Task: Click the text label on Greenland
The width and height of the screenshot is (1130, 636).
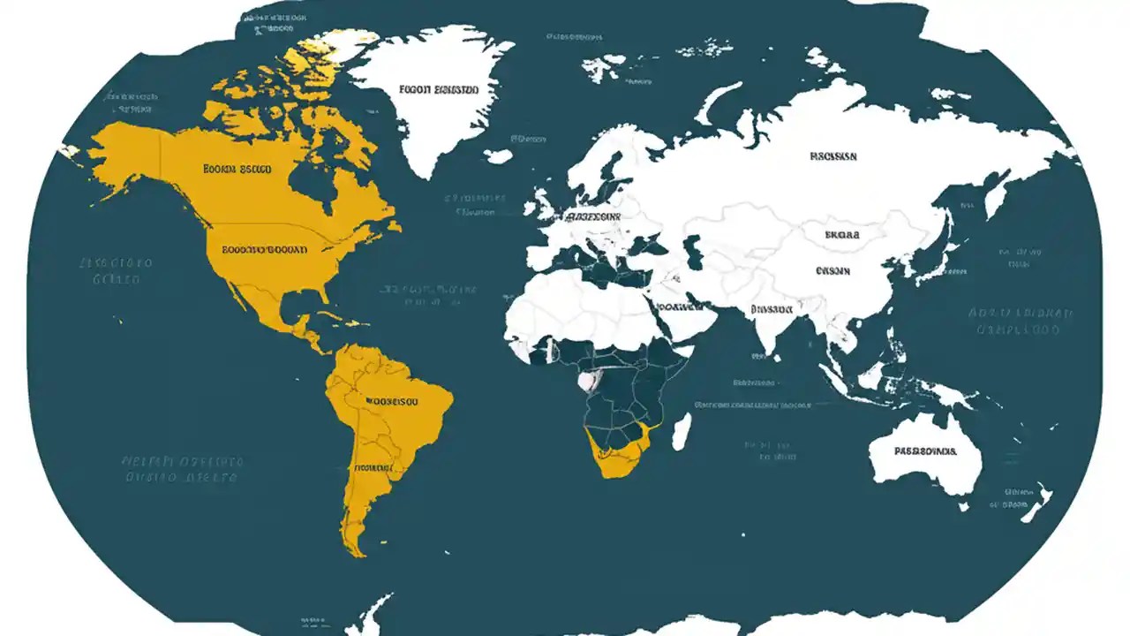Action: coord(438,89)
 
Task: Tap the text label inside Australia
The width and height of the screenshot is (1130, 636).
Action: coord(924,450)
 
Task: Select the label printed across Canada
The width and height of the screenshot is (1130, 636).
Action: coord(237,168)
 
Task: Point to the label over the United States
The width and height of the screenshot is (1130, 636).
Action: coord(264,249)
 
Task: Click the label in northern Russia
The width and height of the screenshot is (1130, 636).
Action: coord(832,156)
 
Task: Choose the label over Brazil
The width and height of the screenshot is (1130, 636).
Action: coord(390,400)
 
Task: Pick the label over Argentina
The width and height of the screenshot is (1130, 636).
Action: coord(372,468)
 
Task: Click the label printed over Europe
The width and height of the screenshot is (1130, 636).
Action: coord(592,216)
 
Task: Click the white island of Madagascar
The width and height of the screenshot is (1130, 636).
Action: coord(682,432)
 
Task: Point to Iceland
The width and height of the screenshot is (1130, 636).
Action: coord(499,156)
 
